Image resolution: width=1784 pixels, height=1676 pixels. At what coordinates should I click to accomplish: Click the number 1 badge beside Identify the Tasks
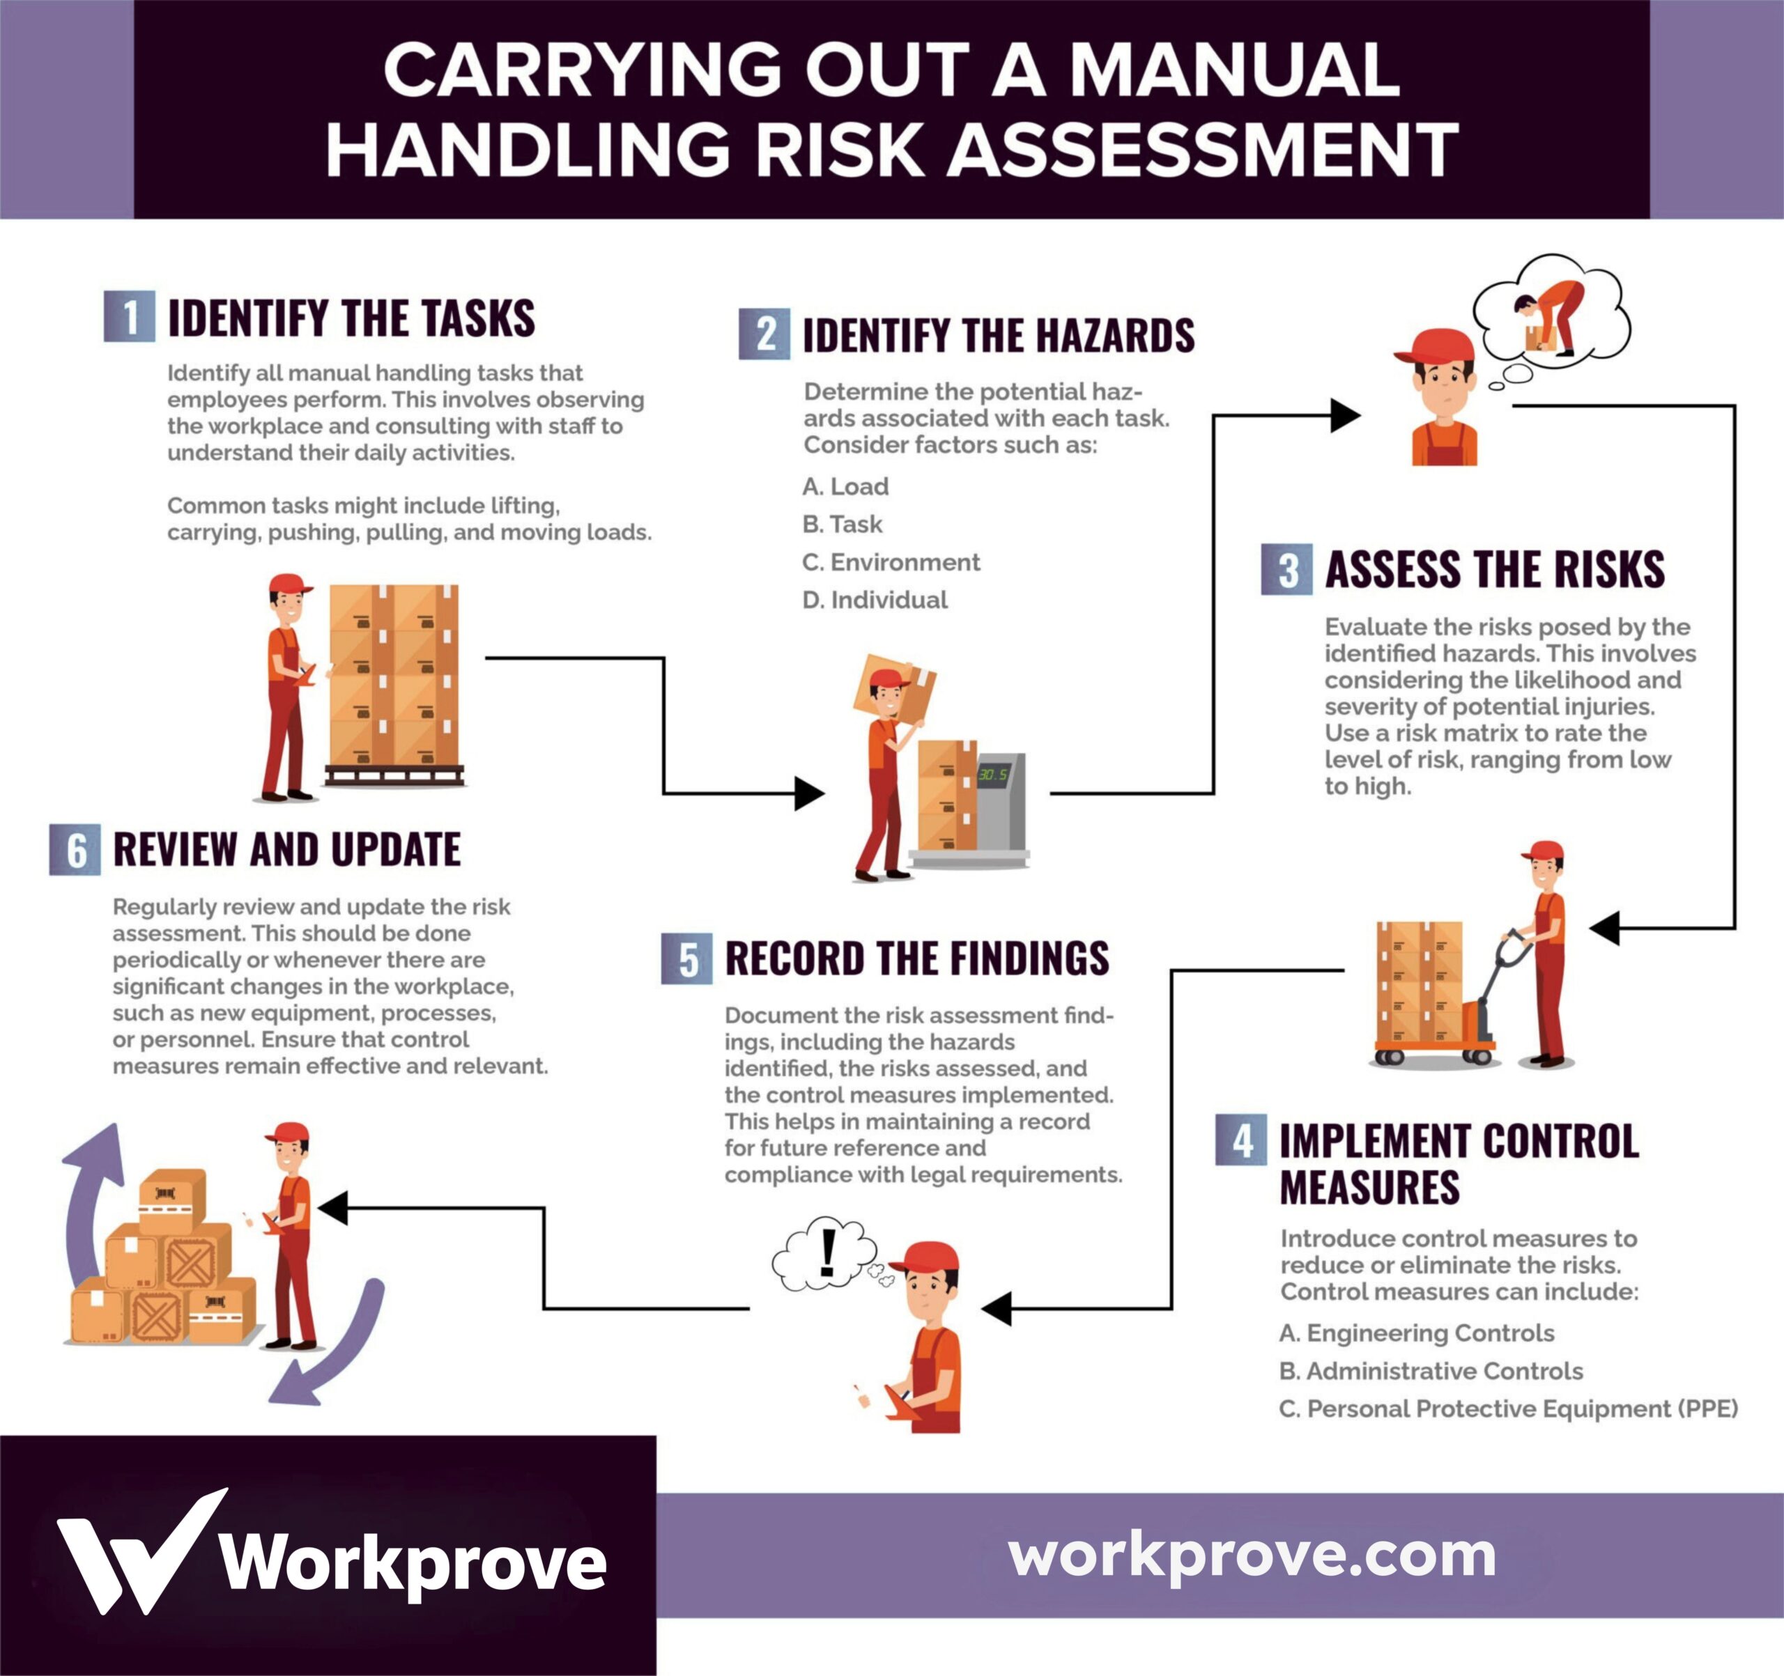[129, 317]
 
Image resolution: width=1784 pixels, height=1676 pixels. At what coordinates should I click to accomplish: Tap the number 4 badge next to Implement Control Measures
[1241, 1140]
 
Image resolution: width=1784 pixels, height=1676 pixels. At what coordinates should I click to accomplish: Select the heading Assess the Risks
[1494, 570]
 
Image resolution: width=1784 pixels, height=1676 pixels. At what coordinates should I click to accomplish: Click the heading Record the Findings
[916, 959]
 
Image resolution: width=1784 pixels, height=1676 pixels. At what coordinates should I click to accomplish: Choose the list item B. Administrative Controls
[1431, 1371]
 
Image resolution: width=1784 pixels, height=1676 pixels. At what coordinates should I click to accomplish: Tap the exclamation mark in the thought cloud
[827, 1252]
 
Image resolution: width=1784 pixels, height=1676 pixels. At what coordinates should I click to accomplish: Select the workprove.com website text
[1252, 1555]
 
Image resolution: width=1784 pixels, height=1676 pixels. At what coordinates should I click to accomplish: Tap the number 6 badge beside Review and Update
[75, 848]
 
